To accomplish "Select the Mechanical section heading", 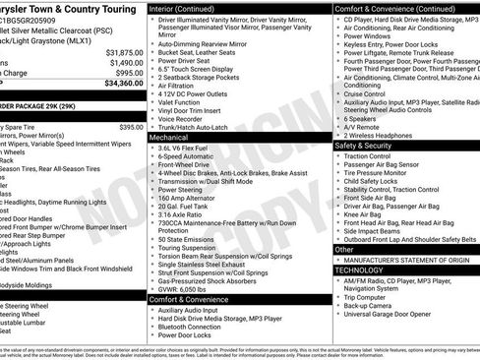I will (x=168, y=139).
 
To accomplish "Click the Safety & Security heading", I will (x=364, y=146).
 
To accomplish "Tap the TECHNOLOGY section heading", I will (x=358, y=269).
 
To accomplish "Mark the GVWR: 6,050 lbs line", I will (x=192, y=289).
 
